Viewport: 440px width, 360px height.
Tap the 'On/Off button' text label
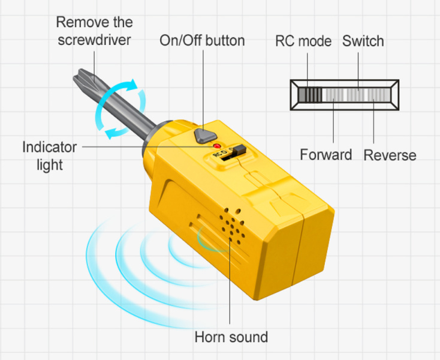(202, 41)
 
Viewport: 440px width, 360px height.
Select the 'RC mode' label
(303, 41)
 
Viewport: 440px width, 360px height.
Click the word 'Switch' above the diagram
(363, 41)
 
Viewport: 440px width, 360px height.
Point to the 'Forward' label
(326, 155)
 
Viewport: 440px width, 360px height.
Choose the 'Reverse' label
(390, 155)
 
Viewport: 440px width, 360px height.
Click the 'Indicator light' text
(50, 155)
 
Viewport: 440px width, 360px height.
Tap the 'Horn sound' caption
(231, 337)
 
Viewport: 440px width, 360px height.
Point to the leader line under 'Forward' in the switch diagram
(333, 123)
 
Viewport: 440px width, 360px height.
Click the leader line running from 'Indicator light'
(144, 146)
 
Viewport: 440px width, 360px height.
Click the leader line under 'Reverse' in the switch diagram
(373, 123)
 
